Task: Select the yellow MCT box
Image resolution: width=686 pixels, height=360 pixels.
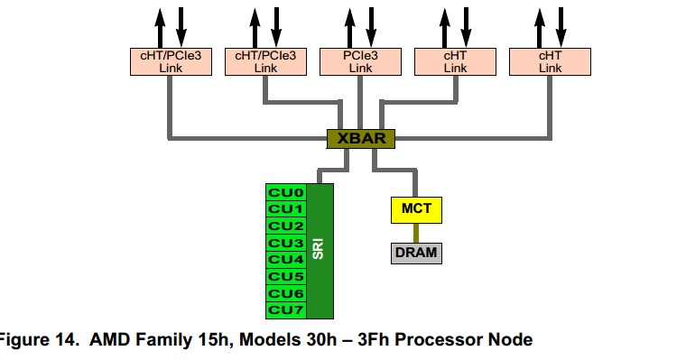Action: (416, 209)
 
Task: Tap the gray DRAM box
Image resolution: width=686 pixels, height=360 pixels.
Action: (416, 253)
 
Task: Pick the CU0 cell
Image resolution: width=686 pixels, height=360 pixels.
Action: (285, 192)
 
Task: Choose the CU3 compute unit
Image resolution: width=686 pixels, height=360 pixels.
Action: (285, 243)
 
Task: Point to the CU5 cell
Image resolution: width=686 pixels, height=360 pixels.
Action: (285, 276)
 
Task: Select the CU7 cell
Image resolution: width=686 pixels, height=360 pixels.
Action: (285, 309)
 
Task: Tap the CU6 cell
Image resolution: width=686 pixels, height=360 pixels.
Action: (285, 293)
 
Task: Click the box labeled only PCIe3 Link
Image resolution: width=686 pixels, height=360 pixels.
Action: (360, 61)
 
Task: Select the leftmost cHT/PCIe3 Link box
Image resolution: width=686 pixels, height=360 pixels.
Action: (171, 61)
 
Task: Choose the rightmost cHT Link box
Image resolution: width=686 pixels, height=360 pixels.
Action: (550, 61)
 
